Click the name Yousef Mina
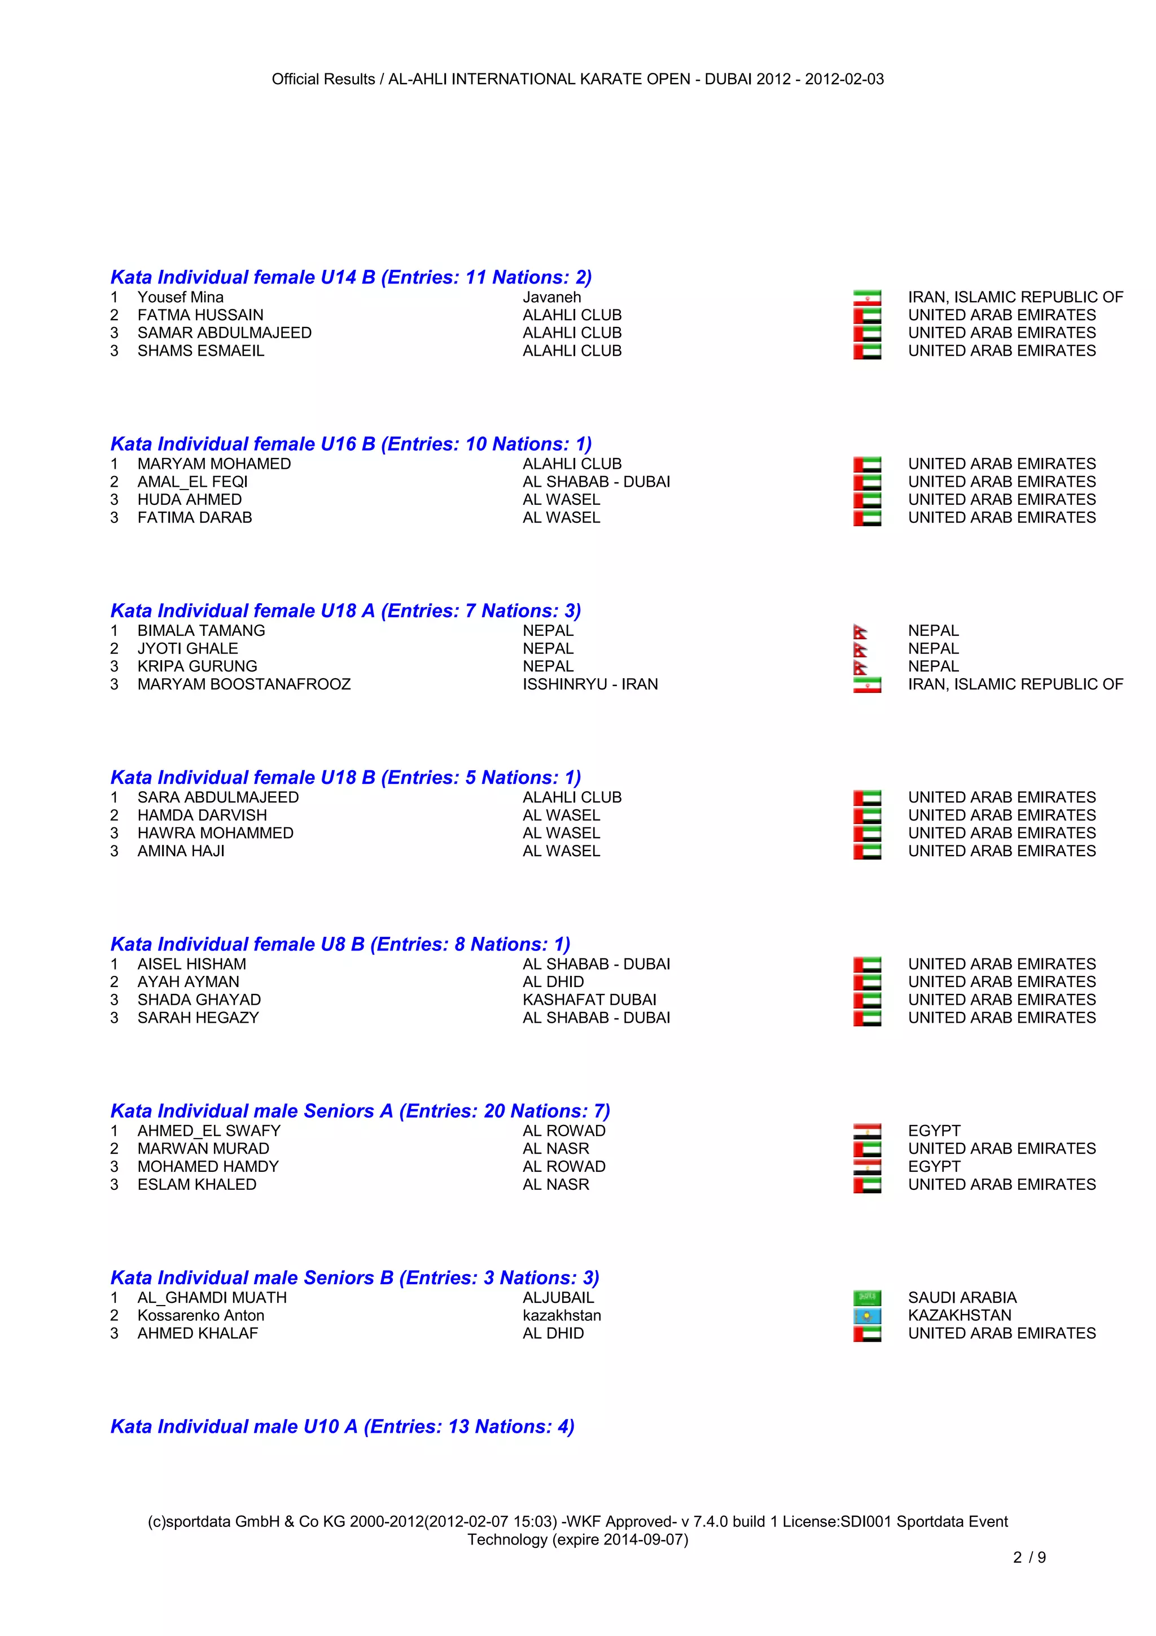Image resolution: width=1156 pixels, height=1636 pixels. pos(180,297)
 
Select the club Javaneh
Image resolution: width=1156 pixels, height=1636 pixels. pos(551,297)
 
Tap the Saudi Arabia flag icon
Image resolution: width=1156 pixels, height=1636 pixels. pos(867,1298)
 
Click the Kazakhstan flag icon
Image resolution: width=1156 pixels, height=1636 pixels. pos(867,1315)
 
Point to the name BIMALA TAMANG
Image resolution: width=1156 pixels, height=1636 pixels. pos(201,631)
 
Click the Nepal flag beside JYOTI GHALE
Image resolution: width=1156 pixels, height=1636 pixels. pos(860,649)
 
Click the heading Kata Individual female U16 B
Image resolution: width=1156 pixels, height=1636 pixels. pos(351,444)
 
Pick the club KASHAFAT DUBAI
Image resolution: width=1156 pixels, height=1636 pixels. pos(589,1000)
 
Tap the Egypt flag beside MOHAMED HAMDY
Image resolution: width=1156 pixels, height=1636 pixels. pos(867,1167)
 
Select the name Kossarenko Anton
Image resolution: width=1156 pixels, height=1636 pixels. pos(200,1315)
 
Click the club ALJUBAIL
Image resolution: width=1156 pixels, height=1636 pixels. pos(558,1298)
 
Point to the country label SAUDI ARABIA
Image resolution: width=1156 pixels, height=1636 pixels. pos(962,1298)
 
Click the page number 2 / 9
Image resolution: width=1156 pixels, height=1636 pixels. pos(1028,1557)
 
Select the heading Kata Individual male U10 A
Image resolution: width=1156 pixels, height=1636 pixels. pos(342,1426)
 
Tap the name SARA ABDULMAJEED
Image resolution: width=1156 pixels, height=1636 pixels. pos(218,797)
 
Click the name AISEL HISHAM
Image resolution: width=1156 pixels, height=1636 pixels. pos(191,964)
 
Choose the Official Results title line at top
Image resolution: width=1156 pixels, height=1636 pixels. pos(577,79)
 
